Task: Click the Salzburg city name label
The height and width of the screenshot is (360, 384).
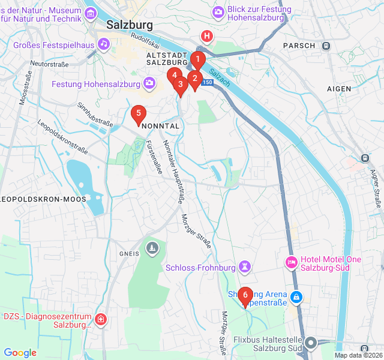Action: (130, 25)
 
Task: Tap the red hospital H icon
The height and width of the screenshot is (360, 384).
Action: (207, 36)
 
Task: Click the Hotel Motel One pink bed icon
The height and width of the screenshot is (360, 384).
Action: (291, 262)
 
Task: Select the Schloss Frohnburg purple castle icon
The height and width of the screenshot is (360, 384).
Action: (244, 266)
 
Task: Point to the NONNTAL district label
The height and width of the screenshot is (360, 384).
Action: (160, 127)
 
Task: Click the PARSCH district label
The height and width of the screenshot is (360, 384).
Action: (299, 46)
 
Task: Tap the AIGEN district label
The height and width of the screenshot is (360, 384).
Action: (339, 89)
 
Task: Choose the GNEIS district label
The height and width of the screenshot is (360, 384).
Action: (129, 253)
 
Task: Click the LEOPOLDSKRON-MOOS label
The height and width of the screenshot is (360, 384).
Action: (43, 199)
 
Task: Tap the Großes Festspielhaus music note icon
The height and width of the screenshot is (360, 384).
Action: (104, 43)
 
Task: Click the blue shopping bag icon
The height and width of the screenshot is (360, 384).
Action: (296, 296)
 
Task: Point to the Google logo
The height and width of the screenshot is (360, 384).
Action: (20, 353)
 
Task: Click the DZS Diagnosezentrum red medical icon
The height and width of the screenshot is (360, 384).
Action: (102, 319)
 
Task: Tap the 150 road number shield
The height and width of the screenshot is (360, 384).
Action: (208, 82)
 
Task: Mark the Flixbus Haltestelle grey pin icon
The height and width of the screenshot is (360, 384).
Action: (311, 343)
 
